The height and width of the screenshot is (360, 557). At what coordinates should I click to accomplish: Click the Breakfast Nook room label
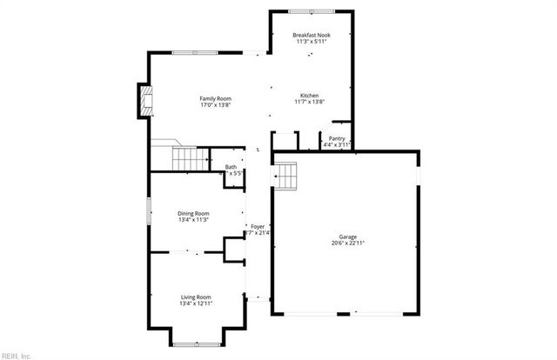tap(310, 34)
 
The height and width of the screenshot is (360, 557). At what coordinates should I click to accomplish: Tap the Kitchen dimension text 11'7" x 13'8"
tap(310, 102)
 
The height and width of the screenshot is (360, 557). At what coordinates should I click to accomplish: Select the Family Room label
tap(215, 98)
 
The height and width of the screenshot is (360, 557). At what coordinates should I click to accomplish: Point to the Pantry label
tap(337, 138)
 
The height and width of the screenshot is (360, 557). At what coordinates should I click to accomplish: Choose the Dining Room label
tap(193, 213)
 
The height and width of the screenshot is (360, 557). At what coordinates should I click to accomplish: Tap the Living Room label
tap(195, 297)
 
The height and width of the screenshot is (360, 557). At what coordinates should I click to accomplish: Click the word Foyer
tap(258, 226)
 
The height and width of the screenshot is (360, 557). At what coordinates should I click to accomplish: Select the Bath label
tap(231, 167)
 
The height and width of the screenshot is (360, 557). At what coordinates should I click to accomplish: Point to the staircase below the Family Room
tap(189, 159)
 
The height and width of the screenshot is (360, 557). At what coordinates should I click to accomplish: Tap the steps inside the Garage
tap(288, 177)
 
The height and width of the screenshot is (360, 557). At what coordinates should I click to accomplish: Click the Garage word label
tap(347, 237)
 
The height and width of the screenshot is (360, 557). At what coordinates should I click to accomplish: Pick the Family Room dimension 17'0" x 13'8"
tap(215, 105)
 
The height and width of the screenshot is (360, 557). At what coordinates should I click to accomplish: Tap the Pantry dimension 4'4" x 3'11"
tap(337, 144)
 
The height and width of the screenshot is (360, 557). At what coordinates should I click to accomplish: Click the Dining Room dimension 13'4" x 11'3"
tap(193, 219)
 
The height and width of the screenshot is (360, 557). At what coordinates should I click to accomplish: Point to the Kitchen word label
tap(310, 95)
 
